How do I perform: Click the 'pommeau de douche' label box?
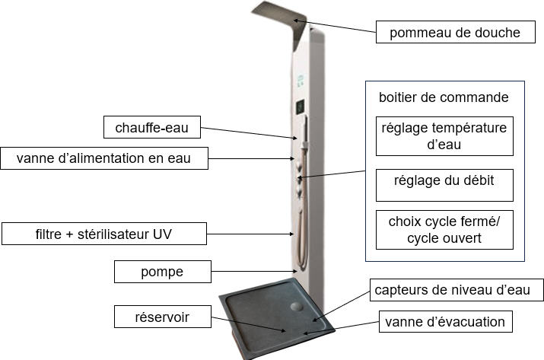[455, 33]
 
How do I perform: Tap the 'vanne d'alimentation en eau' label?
[103, 159]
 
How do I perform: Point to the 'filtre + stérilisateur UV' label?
[104, 234]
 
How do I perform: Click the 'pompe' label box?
[162, 271]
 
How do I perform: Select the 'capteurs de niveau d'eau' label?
[458, 290]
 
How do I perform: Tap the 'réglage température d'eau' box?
[444, 135]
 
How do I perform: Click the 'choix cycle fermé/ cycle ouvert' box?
[444, 229]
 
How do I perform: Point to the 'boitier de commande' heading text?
[444, 98]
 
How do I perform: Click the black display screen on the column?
[299, 104]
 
